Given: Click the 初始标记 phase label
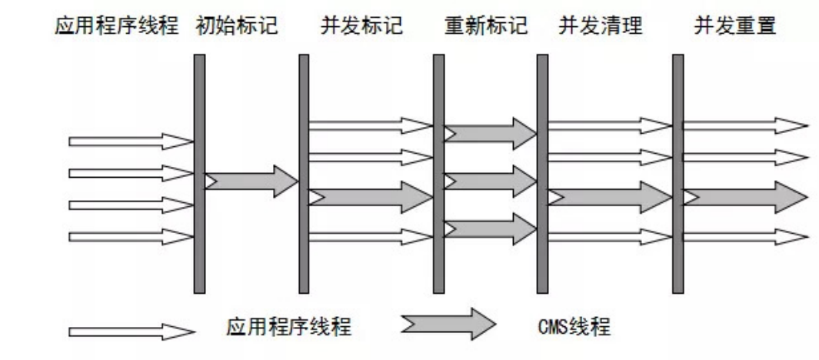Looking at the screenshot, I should point(235,28).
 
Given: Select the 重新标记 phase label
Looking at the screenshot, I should point(485,28).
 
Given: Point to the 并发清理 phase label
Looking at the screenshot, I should point(593,28).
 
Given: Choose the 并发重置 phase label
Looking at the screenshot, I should point(734,28).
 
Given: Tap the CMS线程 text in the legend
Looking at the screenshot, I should point(574,328).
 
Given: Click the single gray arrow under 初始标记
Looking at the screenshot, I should point(251,181).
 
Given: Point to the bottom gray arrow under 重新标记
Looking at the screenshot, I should point(490,228).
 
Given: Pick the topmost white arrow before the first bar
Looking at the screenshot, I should point(132,142).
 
